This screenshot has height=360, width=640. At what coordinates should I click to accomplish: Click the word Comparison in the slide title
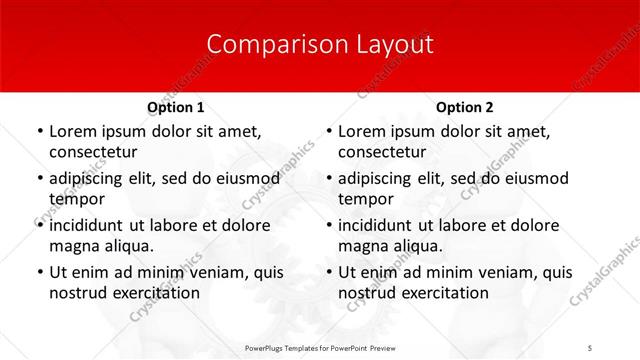(x=264, y=45)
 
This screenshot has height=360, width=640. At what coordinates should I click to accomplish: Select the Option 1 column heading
(x=176, y=107)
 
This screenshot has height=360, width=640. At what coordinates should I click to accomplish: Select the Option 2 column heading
(x=465, y=107)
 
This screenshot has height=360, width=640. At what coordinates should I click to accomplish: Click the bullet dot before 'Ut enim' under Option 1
(x=39, y=272)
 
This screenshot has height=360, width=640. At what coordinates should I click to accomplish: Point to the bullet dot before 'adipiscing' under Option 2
(x=328, y=179)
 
